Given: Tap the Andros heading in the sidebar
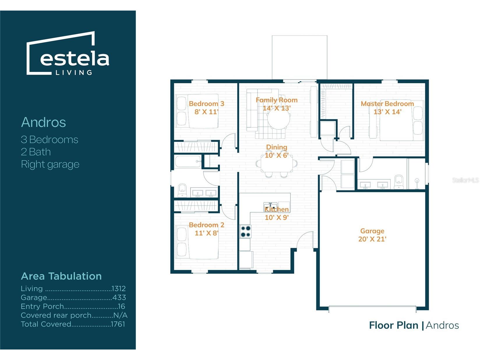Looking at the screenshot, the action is click(x=43, y=122).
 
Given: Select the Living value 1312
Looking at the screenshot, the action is click(x=119, y=289).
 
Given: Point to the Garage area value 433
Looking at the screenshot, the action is click(x=119, y=297).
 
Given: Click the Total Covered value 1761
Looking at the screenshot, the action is click(x=118, y=324).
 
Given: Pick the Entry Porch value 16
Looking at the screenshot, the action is click(x=121, y=306).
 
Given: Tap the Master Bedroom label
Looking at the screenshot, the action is click(x=387, y=104).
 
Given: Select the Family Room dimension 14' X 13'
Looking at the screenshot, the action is click(x=277, y=108).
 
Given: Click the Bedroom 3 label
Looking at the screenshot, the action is click(x=207, y=104).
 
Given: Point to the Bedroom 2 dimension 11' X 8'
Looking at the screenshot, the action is click(x=207, y=233).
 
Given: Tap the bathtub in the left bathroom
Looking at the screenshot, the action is click(x=188, y=162).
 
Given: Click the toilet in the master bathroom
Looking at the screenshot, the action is click(x=399, y=182).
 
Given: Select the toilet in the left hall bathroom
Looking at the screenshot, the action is click(x=182, y=190).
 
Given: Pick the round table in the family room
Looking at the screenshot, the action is click(x=279, y=118).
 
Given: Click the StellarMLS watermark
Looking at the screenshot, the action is click(x=465, y=180).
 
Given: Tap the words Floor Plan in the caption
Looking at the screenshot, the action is click(x=393, y=325).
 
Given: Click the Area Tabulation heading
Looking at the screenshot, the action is click(x=61, y=276).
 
